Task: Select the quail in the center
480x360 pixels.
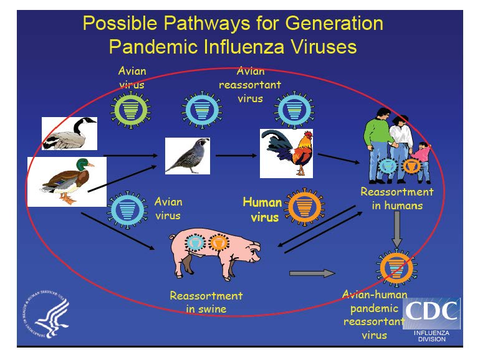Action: click(x=187, y=156)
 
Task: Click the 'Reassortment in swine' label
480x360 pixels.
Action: click(x=206, y=302)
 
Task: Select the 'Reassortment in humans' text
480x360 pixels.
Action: click(x=396, y=199)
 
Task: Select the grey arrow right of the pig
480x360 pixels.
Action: click(x=312, y=273)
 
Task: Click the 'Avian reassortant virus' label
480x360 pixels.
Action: click(x=259, y=84)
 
